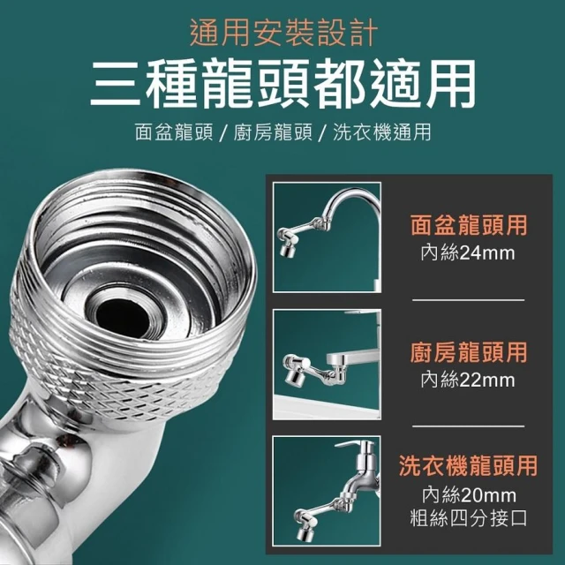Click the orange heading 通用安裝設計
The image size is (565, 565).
[x=283, y=34]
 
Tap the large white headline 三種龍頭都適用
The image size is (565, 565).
[x=282, y=84]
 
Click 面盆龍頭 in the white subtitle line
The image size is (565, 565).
[x=174, y=132]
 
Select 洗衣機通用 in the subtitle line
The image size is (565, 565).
[x=382, y=132]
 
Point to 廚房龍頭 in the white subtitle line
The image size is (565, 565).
[x=273, y=132]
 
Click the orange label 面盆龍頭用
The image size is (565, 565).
[x=469, y=225]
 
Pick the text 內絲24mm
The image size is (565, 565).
[x=468, y=252]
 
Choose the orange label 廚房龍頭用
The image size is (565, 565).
[x=469, y=352]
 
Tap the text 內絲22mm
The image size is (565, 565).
[x=468, y=380]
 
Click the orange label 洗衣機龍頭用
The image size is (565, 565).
[x=469, y=465]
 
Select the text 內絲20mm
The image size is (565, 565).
[x=469, y=495]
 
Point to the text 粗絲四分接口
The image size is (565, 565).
[x=469, y=518]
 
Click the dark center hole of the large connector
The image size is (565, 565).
[x=122, y=317]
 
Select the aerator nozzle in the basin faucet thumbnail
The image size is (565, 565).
[x=286, y=251]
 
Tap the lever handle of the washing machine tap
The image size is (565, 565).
[x=349, y=444]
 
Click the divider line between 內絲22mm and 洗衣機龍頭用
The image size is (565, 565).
[x=469, y=426]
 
